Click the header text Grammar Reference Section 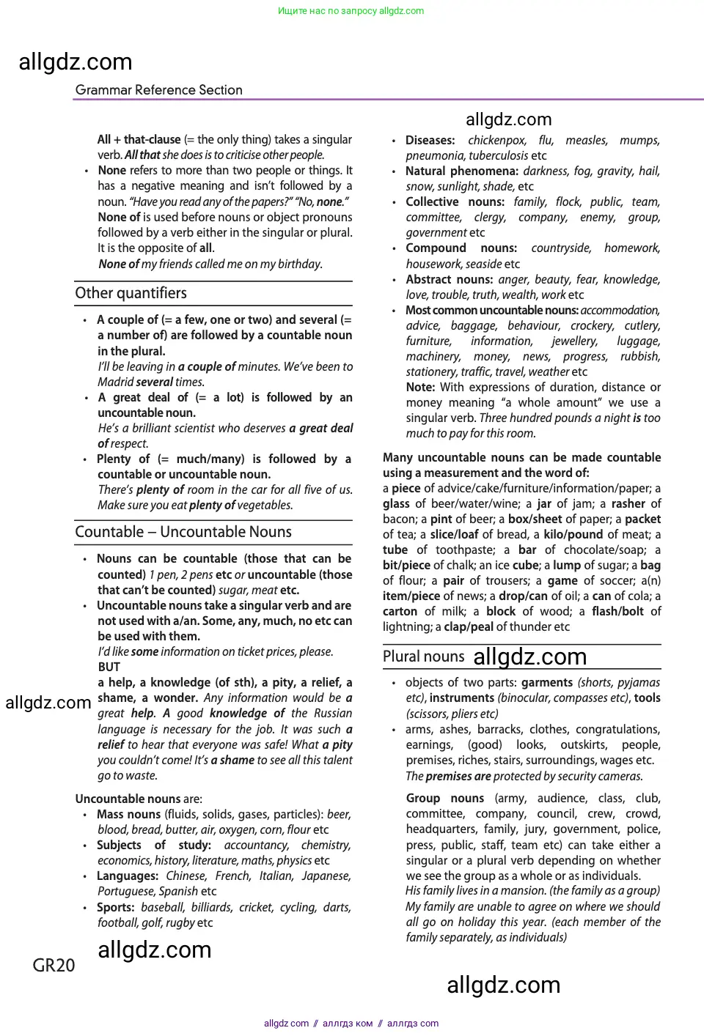click(158, 90)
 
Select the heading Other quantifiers click(131, 293)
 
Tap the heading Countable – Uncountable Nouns click(183, 532)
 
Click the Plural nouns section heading click(423, 656)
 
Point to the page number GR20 click(54, 966)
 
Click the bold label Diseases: click(430, 140)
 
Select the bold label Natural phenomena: click(461, 171)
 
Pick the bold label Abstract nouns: click(449, 279)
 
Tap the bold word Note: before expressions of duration click(420, 387)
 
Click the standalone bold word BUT click(109, 667)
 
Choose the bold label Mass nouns click(128, 814)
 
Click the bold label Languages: click(128, 876)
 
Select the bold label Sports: click(115, 907)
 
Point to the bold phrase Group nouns click(444, 798)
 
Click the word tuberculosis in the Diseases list click(498, 155)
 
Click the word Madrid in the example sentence click(115, 382)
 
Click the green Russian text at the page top click(351, 11)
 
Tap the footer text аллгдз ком click(348, 1024)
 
